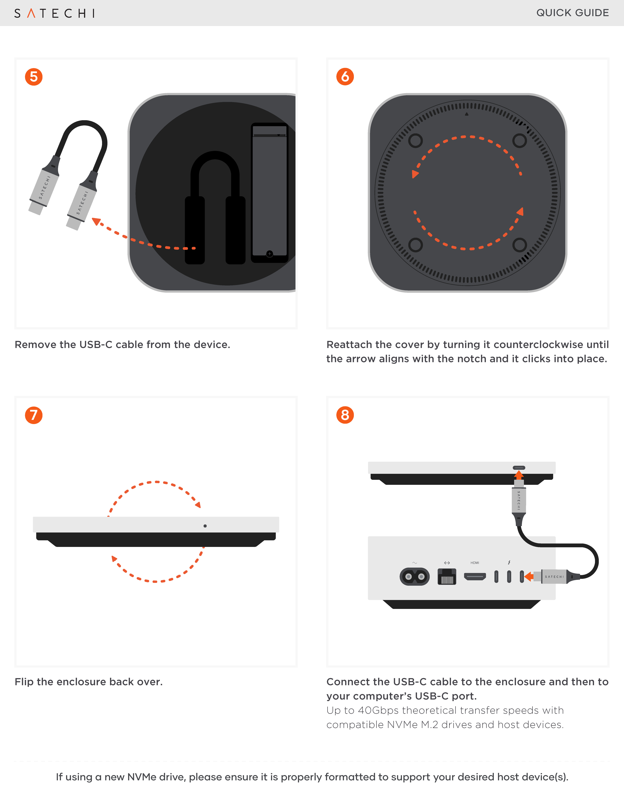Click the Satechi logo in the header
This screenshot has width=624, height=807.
pos(54,13)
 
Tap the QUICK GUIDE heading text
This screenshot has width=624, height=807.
pos(572,13)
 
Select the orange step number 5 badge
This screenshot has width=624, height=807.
pos(34,77)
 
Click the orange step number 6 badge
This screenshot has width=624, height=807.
pos(345,77)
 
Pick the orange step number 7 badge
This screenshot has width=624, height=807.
pos(34,415)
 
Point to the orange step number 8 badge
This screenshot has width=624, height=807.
pos(345,415)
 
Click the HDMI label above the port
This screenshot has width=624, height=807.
pos(475,563)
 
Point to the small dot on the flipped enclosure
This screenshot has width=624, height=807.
pos(205,526)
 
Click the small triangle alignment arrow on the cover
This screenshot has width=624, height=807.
pos(467,114)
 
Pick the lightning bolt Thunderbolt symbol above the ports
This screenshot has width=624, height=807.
pos(509,562)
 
